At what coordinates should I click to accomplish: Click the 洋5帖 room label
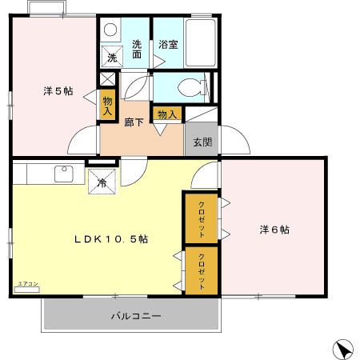pos(58,91)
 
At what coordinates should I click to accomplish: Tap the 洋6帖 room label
pos(274,230)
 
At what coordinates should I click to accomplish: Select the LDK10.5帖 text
pos(111,239)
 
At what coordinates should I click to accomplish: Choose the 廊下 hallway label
pos(134,122)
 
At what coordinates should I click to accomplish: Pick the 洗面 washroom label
pos(137,50)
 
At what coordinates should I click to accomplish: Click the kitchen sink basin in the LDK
pos(62,173)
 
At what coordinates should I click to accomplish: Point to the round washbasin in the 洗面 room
pos(110,30)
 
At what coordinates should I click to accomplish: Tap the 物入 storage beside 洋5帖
pos(107,105)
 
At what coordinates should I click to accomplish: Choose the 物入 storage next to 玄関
pos(166,114)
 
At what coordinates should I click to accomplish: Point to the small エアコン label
pos(26,284)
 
